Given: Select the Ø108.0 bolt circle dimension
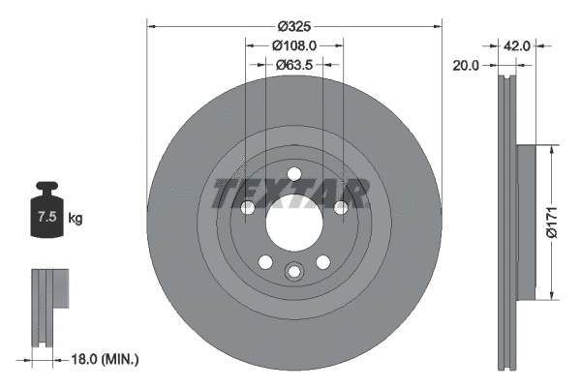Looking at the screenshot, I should pos(294,45).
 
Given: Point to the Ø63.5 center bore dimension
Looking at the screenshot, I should pos(294,65).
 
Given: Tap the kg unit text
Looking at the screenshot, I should pos(76,219).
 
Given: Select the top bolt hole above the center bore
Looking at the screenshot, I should pos(294,177).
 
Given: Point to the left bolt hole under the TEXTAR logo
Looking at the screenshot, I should pos(248,208).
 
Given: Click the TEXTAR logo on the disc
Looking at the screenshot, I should pos(290,193).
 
